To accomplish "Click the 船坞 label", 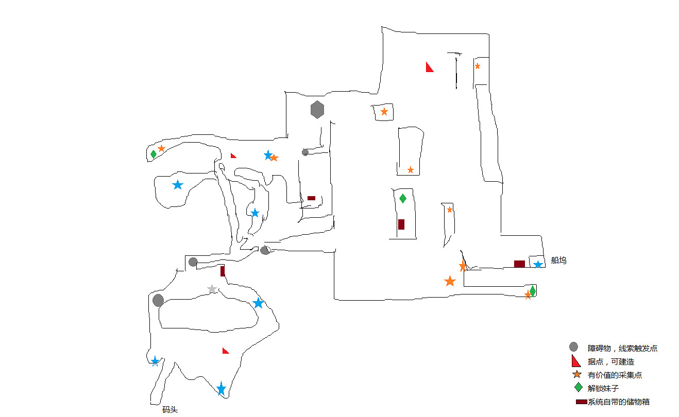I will (x=558, y=260).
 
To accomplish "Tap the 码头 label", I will (x=169, y=410).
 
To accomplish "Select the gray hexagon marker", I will (x=317, y=110).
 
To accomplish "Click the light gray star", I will (x=212, y=289).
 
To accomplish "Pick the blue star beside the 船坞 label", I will (x=538, y=265).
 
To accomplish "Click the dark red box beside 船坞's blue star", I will (x=519, y=264).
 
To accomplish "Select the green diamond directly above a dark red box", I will (x=403, y=198).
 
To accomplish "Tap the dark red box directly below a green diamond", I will (x=401, y=224).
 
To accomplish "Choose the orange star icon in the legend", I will (x=577, y=374).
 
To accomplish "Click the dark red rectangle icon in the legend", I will (x=582, y=402).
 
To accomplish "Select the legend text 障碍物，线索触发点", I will (x=622, y=349).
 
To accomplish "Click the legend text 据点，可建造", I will (x=610, y=362).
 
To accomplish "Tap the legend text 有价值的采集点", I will (x=615, y=375).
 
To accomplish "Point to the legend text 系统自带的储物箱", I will (x=622, y=402).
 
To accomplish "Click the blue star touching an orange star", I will (x=268, y=155).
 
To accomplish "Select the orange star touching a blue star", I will (x=274, y=158).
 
